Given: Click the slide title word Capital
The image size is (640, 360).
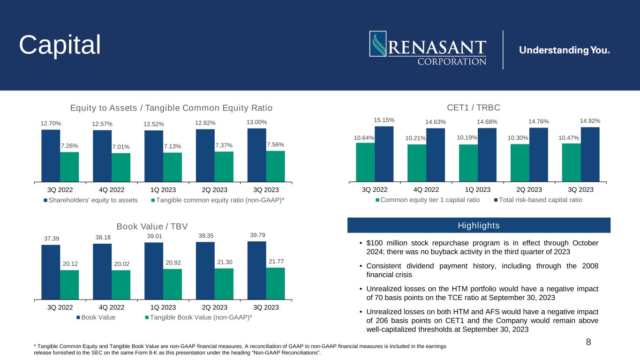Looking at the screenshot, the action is point(60,45).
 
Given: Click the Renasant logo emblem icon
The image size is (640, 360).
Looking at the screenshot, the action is point(378,44).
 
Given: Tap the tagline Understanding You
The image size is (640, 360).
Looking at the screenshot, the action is point(565,50).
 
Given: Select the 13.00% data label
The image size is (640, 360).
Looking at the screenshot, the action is point(256,122).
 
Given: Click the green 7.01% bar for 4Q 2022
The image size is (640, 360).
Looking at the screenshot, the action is point(121,167).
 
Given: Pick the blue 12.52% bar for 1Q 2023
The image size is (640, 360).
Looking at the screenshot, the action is point(154,156).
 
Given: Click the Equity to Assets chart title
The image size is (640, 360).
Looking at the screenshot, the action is point(171,108).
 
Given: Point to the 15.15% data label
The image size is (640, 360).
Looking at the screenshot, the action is point(384,120).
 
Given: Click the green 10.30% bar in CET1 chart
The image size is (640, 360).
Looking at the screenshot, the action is point(520,163).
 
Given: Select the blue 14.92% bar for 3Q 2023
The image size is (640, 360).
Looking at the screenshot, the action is point(590,154).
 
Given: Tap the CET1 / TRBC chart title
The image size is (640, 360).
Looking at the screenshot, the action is point(474,108).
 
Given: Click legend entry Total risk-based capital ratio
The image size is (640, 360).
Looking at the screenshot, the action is point(538,200).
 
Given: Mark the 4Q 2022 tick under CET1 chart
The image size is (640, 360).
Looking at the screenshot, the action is point(426,190).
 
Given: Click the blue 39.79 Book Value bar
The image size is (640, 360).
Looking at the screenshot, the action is point(256,270).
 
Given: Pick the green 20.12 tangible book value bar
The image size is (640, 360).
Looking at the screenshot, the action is point(69,285).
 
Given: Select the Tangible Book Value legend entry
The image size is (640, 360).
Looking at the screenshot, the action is point(199,317).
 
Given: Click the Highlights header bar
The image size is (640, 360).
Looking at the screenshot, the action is point(479,225).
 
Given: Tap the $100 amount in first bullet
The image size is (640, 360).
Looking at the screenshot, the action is point(375,243).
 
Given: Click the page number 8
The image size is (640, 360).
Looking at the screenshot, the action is point(588,342).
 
